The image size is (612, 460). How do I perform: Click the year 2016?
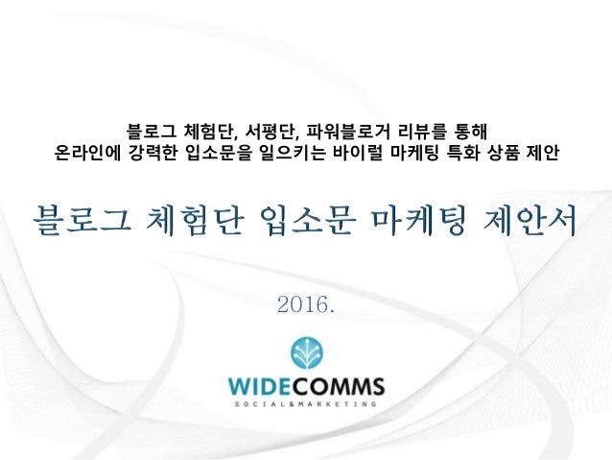click(305, 306)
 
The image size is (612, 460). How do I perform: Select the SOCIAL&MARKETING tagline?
click(306, 406)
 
